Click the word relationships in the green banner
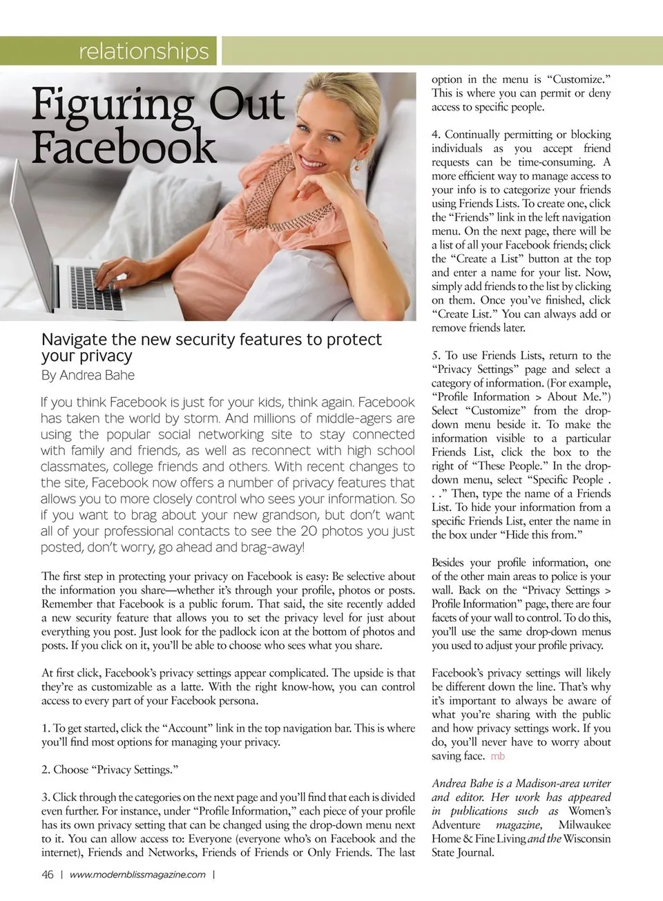pos(144,51)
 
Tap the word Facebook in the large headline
pos(124,146)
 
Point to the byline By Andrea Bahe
pos(88,376)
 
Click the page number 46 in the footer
pos(48,875)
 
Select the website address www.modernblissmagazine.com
pos(137,875)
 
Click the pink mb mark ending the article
pos(497,756)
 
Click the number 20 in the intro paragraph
pos(309,531)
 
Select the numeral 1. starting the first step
pos(46,728)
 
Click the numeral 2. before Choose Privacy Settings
pos(46,770)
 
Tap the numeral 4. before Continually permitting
pos(436,135)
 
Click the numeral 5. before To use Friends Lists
pos(436,356)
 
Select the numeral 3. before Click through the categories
pos(46,797)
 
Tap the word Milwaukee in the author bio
pos(584,825)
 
